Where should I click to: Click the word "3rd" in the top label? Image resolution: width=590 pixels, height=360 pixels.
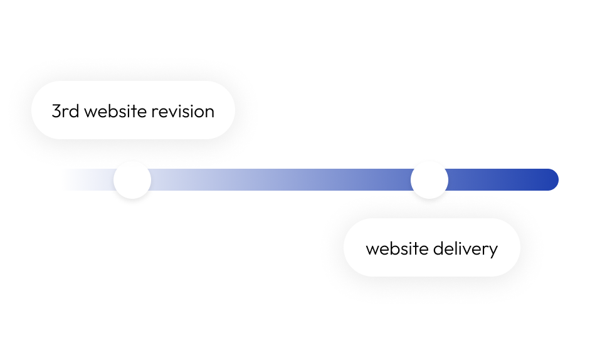(x=65, y=112)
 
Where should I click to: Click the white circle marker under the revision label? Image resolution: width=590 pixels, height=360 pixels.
(x=132, y=180)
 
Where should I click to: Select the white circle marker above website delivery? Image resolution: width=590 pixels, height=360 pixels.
(x=429, y=180)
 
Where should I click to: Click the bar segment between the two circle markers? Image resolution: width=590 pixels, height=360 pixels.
(x=281, y=180)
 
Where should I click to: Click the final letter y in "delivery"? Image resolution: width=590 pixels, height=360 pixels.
(x=493, y=250)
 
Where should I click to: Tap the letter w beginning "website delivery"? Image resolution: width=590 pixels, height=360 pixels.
(x=371, y=250)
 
